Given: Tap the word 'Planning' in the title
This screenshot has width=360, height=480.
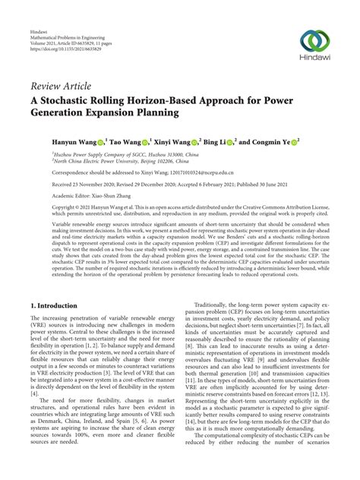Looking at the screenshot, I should [x=152, y=115].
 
